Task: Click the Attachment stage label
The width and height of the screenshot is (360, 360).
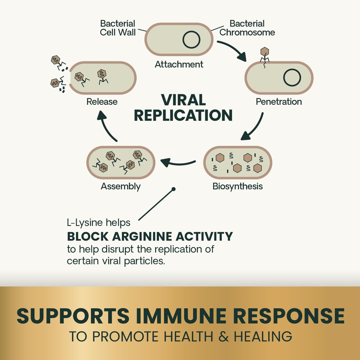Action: [x=179, y=64]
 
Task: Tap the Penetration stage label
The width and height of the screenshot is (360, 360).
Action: [x=278, y=102]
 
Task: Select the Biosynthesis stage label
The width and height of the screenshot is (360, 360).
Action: [x=237, y=186]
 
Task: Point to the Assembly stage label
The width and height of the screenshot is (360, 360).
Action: [x=121, y=186]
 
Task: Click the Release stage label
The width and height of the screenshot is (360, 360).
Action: [x=102, y=102]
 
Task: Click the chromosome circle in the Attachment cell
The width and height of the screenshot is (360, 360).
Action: [x=191, y=39]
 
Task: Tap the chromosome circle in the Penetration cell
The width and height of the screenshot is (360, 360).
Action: [x=292, y=77]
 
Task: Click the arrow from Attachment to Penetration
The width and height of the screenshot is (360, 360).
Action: [x=232, y=50]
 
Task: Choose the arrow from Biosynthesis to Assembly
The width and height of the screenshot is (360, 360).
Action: [x=178, y=163]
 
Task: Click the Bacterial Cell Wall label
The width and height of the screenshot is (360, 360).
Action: [x=117, y=28]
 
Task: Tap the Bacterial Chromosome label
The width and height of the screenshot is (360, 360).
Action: [x=247, y=28]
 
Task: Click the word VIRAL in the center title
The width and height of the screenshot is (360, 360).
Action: [x=183, y=100]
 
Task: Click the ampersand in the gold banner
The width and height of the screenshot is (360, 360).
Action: [x=221, y=336]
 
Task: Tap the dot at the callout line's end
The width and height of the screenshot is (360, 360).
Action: [x=173, y=189]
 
